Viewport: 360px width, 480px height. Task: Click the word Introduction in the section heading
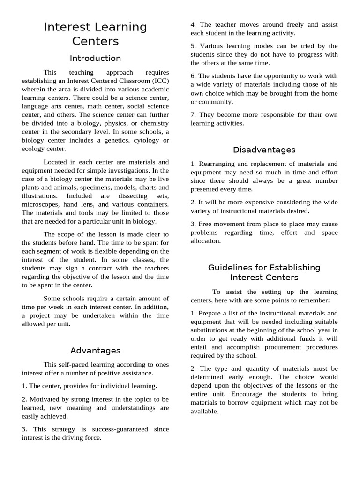pos(95,59)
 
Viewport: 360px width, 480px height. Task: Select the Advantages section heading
pos(95,351)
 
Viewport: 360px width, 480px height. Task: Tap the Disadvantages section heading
pos(264,150)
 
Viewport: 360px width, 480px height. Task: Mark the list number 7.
pos(193,115)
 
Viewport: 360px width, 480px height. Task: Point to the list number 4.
pos(193,25)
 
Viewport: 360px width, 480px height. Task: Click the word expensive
pos(252,202)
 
